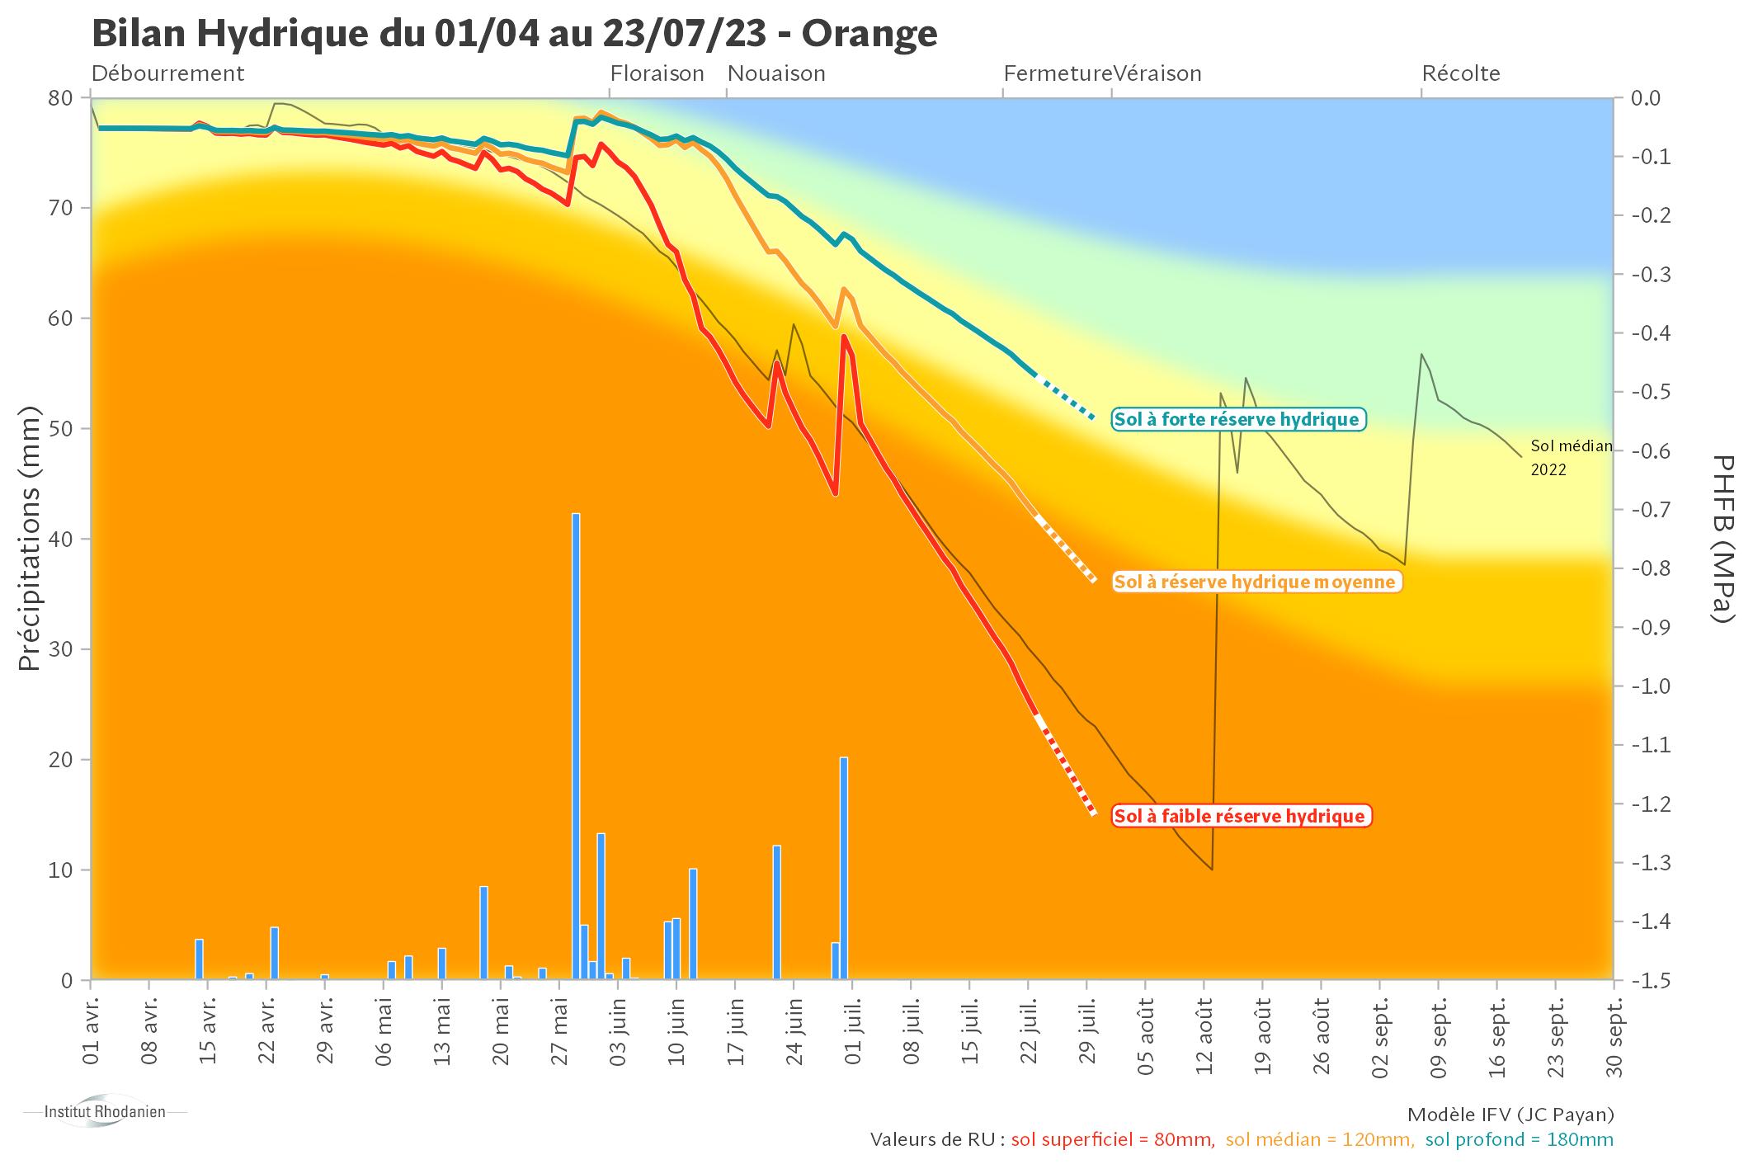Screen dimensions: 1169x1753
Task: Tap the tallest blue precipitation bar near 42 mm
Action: pyautogui.click(x=576, y=742)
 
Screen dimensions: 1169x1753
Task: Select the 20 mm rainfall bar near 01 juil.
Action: pyautogui.click(x=844, y=866)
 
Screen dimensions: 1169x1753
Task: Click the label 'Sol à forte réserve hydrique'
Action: pyautogui.click(x=1237, y=420)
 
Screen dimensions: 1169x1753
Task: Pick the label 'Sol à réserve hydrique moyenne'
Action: pyautogui.click(x=1255, y=582)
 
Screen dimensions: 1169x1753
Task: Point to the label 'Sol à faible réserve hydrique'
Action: pyautogui.click(x=1240, y=817)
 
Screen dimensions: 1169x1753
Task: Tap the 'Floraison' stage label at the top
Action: pyautogui.click(x=657, y=74)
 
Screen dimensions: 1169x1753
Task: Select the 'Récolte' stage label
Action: pyautogui.click(x=1460, y=74)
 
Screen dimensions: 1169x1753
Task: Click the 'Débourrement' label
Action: pyautogui.click(x=167, y=74)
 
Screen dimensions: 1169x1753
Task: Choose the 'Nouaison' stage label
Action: pyautogui.click(x=776, y=74)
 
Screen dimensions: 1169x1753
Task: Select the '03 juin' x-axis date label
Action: pyautogui.click(x=619, y=1028)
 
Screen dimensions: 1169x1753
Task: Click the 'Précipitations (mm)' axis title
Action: pyautogui.click(x=30, y=538)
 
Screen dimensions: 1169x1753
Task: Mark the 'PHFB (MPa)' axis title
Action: pyautogui.click(x=1722, y=538)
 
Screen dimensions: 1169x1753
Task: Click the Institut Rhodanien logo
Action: pyautogui.click(x=105, y=1112)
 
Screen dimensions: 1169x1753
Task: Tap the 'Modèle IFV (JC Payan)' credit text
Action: pyautogui.click(x=1510, y=1115)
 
